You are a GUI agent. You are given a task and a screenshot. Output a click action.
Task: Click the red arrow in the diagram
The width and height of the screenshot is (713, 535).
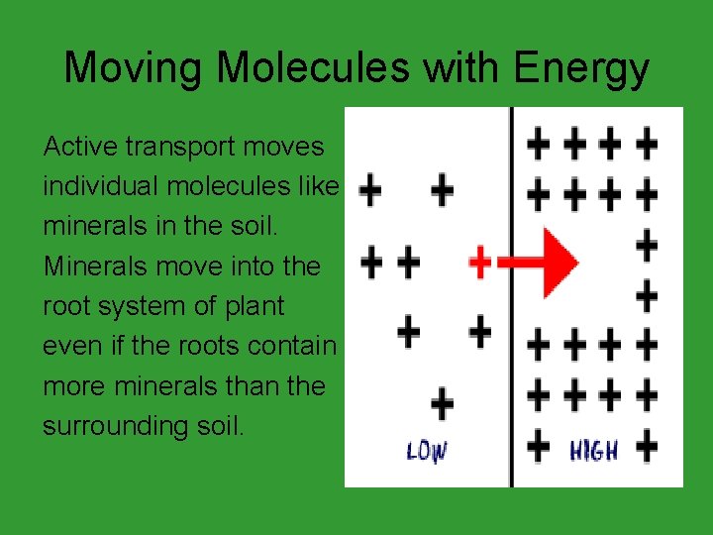[x=540, y=262]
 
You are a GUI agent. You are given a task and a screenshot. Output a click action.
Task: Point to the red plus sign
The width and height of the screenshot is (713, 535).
[x=479, y=262]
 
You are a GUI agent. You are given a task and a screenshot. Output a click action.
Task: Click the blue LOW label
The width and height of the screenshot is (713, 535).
[x=427, y=452]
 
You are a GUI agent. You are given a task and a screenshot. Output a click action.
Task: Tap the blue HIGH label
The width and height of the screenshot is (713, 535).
[x=593, y=451]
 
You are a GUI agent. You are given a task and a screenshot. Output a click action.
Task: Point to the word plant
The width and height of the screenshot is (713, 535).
[x=255, y=305]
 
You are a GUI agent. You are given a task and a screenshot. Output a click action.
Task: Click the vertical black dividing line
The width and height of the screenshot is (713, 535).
[x=511, y=297]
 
